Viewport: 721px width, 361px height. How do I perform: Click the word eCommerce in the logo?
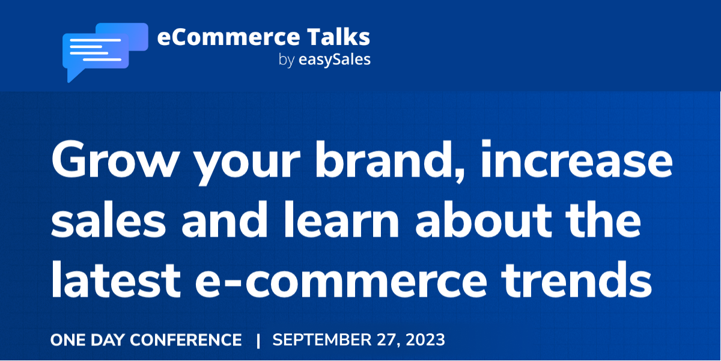coord(228,37)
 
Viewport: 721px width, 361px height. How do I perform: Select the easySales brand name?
coord(335,60)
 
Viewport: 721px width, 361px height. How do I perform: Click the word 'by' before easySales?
coord(287,60)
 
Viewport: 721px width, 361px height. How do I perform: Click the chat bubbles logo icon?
coord(105,52)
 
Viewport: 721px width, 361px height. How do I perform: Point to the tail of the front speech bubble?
coord(74,75)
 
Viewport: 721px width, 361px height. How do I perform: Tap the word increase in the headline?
coord(577,159)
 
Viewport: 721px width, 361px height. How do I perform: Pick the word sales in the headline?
coord(109,220)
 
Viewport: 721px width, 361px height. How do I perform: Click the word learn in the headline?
coord(341,220)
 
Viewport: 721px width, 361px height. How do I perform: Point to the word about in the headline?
coord(483,220)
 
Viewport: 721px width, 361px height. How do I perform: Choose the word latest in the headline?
coord(116,280)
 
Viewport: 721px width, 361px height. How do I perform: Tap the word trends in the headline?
coord(577,280)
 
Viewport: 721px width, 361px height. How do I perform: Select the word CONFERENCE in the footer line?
coord(186,340)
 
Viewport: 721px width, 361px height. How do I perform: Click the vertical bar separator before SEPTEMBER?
coord(258,341)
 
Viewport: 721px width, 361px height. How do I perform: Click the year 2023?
coord(425,340)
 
